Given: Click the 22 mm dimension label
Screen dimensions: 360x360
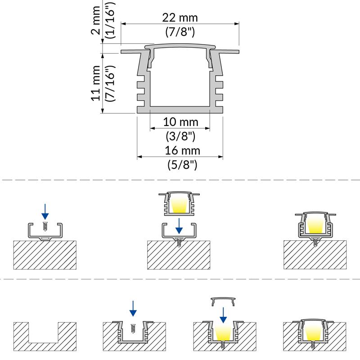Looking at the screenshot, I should tap(180, 18).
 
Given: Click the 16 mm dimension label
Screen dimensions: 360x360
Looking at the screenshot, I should tap(180, 151).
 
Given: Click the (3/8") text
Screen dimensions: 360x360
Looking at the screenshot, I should tap(180, 135).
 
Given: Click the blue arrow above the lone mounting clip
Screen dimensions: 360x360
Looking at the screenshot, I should tap(44, 210).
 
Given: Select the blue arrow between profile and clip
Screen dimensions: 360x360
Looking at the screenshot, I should tap(179, 223).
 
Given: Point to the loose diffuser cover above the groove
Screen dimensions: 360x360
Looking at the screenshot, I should tap(223, 300).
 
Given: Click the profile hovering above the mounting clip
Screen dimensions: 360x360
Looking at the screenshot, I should tap(179, 203).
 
